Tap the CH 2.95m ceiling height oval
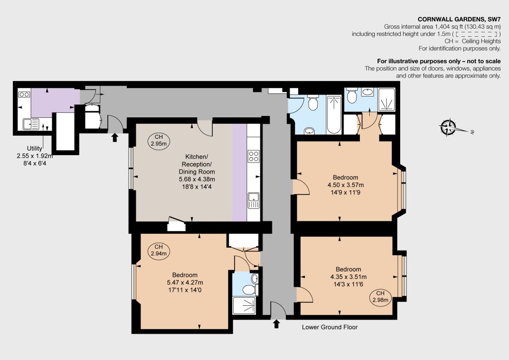point(159,141)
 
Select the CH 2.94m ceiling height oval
point(159,250)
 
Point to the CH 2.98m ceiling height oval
point(380,297)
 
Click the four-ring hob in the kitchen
point(254,156)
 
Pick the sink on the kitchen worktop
point(254,200)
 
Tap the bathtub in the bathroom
point(334,114)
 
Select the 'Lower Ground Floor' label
point(330,327)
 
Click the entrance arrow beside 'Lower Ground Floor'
point(276,324)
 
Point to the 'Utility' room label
point(34,148)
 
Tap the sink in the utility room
point(31,124)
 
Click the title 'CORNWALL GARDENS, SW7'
point(459,19)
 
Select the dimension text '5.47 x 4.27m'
point(185,282)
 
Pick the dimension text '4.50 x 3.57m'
point(345,185)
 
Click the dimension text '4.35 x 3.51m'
point(348,277)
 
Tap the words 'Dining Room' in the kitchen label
point(197,172)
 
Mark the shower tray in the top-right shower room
point(387,100)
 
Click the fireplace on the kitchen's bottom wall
point(176,224)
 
